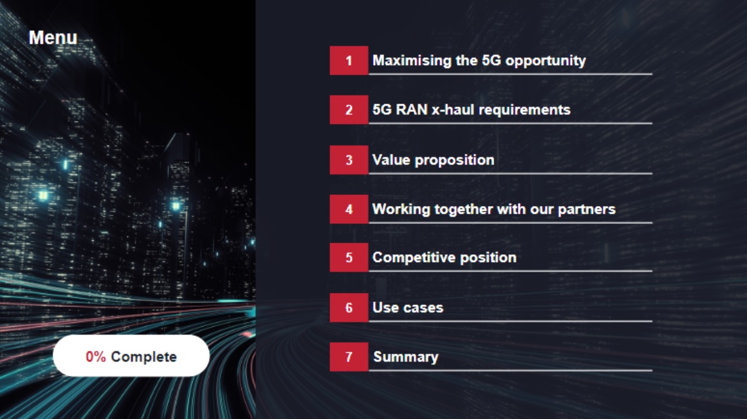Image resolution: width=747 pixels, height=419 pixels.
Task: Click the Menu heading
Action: pyautogui.click(x=53, y=38)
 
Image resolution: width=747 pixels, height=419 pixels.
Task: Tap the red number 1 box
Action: pyautogui.click(x=349, y=61)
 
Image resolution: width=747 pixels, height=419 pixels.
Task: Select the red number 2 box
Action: pyautogui.click(x=349, y=109)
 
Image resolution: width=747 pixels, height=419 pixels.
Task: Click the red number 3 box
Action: pyautogui.click(x=349, y=160)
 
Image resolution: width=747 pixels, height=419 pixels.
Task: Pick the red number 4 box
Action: pyautogui.click(x=349, y=209)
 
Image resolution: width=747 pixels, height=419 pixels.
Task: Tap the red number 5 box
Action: pyautogui.click(x=349, y=257)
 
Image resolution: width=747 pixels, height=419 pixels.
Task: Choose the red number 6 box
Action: pyautogui.click(x=349, y=308)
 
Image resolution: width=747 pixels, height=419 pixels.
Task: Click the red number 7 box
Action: pyautogui.click(x=349, y=357)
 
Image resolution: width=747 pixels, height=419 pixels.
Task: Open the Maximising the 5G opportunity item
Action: pyautogui.click(x=479, y=61)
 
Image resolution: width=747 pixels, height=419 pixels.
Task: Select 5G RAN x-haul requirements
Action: pyautogui.click(x=471, y=109)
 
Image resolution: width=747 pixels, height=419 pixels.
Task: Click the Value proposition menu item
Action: pyautogui.click(x=433, y=160)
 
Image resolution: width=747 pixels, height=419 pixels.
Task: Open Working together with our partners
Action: pyautogui.click(x=493, y=209)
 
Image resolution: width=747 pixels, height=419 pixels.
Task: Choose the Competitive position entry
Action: pyautogui.click(x=444, y=257)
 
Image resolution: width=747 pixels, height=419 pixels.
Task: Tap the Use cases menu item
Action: pyautogui.click(x=408, y=308)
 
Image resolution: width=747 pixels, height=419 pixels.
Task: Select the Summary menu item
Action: pyautogui.click(x=405, y=357)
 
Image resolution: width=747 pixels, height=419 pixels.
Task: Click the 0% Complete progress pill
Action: pyautogui.click(x=131, y=355)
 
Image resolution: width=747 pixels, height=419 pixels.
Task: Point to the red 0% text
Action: pyautogui.click(x=96, y=357)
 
